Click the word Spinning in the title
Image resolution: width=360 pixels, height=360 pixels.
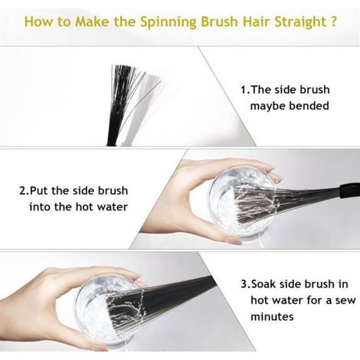tap(169, 22)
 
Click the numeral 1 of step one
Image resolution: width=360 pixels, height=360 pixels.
tap(244, 90)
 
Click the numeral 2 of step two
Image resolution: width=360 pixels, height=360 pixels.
tap(23, 191)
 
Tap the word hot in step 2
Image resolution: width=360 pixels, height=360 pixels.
tap(85, 207)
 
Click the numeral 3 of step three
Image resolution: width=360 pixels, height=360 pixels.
tap(244, 284)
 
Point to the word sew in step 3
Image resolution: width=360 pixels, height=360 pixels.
tap(345, 301)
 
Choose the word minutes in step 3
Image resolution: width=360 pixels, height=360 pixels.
tap(272, 316)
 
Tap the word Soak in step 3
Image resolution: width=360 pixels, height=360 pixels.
tap(263, 284)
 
